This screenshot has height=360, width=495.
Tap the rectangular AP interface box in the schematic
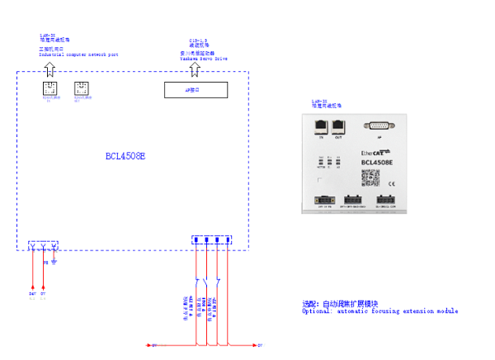195,90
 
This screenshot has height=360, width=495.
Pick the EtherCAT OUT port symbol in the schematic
80,88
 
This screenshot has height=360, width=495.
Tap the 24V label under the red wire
32,293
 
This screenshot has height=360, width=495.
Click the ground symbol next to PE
54,263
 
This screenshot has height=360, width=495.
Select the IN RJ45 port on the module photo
321,126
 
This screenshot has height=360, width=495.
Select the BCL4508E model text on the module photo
382,163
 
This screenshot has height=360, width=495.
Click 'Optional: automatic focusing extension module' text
379,311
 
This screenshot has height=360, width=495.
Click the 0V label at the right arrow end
260,343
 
